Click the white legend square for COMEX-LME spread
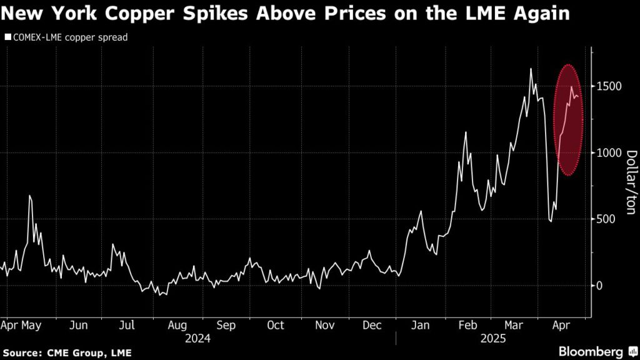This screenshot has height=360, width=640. click(x=7, y=37)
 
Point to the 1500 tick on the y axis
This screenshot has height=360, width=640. click(x=607, y=86)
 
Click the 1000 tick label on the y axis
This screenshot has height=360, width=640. click(x=607, y=152)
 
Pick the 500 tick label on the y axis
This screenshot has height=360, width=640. click(x=605, y=219)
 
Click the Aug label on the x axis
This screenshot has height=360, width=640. click(x=177, y=326)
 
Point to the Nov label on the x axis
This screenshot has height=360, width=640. click(x=324, y=326)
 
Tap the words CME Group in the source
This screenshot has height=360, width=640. click(x=74, y=353)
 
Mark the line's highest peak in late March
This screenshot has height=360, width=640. click(x=531, y=69)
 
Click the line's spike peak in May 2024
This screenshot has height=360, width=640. click(x=29, y=196)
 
